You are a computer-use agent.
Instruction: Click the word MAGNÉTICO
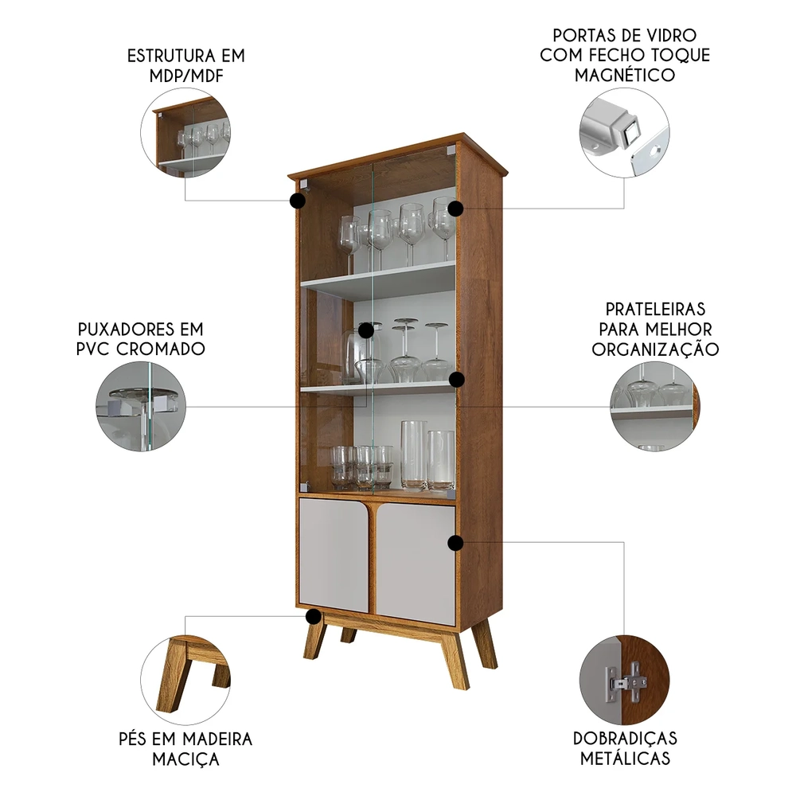click(x=624, y=75)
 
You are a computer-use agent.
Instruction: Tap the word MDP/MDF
click(x=186, y=76)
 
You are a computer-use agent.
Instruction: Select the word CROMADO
click(x=161, y=349)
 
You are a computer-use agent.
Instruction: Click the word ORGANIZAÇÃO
click(x=655, y=349)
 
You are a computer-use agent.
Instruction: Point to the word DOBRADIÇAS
click(x=625, y=738)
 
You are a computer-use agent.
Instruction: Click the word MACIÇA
click(x=185, y=759)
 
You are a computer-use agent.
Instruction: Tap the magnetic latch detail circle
click(x=624, y=133)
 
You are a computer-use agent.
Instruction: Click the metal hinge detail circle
click(x=624, y=680)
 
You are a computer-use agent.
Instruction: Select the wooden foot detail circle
click(x=185, y=680)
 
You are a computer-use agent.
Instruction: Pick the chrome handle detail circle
click(x=141, y=407)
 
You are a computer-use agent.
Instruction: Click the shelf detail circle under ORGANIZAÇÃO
click(x=655, y=407)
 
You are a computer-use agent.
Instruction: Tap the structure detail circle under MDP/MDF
click(x=185, y=133)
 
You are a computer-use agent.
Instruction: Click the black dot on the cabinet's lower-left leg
click(x=314, y=617)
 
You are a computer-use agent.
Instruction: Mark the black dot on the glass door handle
click(x=366, y=330)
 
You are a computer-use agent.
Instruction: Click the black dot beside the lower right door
click(x=456, y=543)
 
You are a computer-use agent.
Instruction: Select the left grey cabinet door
click(x=334, y=555)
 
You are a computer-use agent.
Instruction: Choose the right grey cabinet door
click(x=416, y=564)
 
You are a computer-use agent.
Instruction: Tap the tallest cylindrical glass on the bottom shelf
click(x=414, y=456)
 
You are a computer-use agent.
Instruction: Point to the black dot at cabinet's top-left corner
click(x=298, y=201)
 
